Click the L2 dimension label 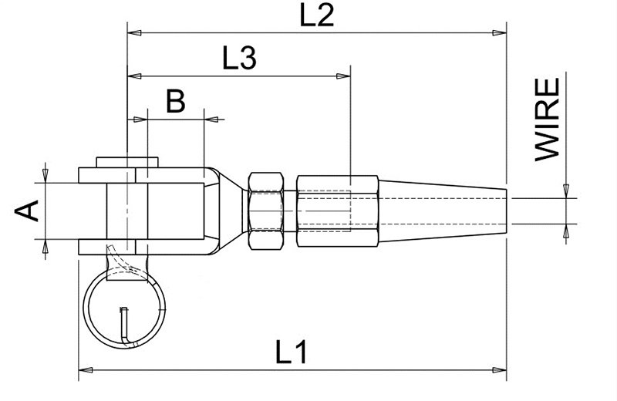pyautogui.click(x=317, y=15)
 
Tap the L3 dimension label pyautogui.click(x=239, y=58)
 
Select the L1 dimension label pyautogui.click(x=291, y=352)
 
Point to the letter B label pyautogui.click(x=176, y=101)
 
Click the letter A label pyautogui.click(x=27, y=211)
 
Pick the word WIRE pyautogui.click(x=548, y=120)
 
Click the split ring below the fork pyautogui.click(x=124, y=308)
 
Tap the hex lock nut pyautogui.click(x=266, y=211)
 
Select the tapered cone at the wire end pyautogui.click(x=442, y=211)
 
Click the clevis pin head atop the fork pyautogui.click(x=127, y=162)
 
